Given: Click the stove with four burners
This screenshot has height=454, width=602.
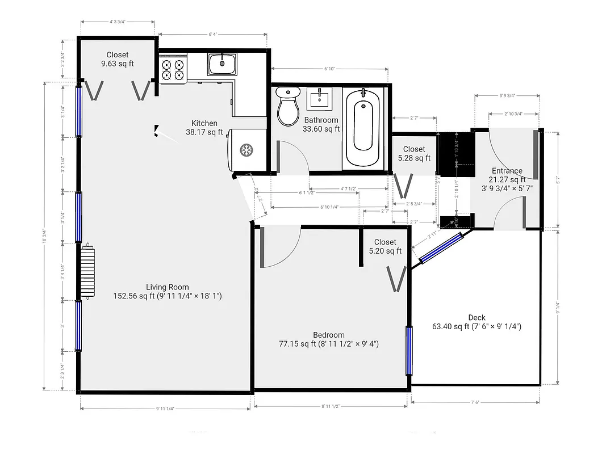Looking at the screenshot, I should pyautogui.click(x=173, y=69).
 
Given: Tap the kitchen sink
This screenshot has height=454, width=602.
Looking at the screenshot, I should pyautogui.click(x=222, y=64).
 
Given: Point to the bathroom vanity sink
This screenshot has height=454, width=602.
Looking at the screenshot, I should pyautogui.click(x=319, y=99).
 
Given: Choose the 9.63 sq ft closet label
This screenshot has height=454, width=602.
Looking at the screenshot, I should pyautogui.click(x=117, y=60).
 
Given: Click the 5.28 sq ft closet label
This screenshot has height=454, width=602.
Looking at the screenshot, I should pyautogui.click(x=413, y=154).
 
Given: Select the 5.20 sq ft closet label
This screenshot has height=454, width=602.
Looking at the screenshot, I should pyautogui.click(x=384, y=246).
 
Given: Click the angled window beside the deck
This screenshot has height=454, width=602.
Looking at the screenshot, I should pyautogui.click(x=441, y=249).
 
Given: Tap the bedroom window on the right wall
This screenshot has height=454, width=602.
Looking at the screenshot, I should pyautogui.click(x=408, y=351).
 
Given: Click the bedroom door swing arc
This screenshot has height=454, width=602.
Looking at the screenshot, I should pyautogui.click(x=283, y=247).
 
